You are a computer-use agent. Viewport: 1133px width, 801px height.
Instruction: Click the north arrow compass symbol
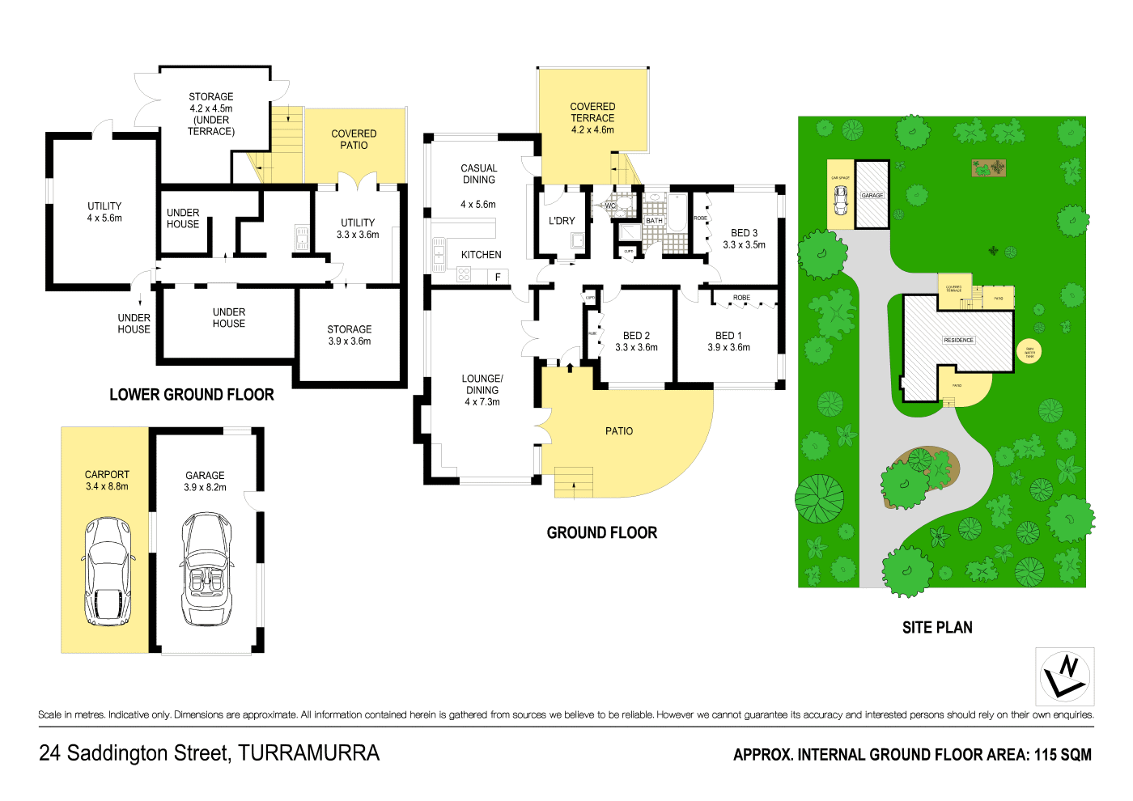[x=1064, y=676]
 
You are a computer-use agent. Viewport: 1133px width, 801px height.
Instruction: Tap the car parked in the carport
[x=108, y=571]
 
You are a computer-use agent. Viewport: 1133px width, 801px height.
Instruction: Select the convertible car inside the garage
[x=207, y=569]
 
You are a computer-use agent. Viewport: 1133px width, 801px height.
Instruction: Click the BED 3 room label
[x=744, y=239]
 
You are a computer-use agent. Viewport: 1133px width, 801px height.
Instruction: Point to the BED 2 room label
[x=636, y=341]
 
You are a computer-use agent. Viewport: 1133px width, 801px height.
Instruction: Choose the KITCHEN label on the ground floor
[x=481, y=255]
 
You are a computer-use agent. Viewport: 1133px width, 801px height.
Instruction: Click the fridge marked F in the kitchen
[x=498, y=278]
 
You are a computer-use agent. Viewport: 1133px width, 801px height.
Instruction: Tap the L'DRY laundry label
[x=562, y=221]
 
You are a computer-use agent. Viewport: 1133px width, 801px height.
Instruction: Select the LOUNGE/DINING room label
[x=482, y=390]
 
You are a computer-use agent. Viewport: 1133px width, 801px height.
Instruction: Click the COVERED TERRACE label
[x=592, y=118]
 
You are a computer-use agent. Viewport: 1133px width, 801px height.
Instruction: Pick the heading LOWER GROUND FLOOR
[x=192, y=395]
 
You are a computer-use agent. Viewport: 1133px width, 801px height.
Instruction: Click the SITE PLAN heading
[x=937, y=628]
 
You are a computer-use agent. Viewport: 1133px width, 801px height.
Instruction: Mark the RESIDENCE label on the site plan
[x=958, y=340]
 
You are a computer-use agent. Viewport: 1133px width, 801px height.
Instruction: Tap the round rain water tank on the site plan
[x=1029, y=352]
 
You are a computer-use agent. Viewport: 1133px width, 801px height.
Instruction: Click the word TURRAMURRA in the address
[x=308, y=753]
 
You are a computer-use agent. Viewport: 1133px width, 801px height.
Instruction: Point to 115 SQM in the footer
[x=1063, y=755]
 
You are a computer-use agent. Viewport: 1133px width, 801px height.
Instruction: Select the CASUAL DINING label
[x=479, y=174]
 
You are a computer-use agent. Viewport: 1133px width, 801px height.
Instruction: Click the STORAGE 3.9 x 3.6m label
[x=350, y=335]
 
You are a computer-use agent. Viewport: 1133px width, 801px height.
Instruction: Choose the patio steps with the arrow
[x=574, y=482]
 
